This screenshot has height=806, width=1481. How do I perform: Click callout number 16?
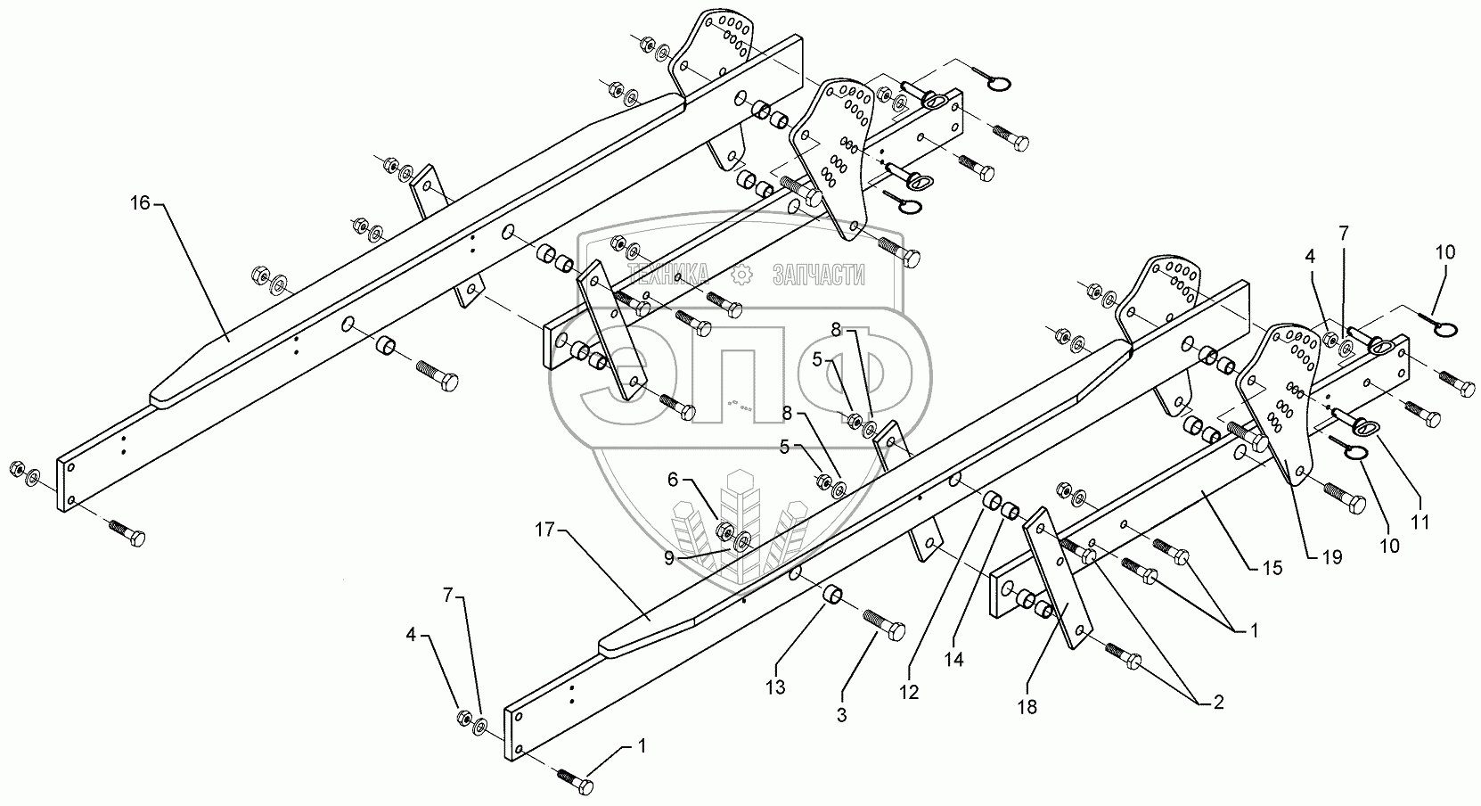[x=140, y=203]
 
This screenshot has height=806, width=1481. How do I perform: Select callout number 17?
[x=544, y=530]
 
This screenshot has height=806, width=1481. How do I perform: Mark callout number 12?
[x=909, y=691]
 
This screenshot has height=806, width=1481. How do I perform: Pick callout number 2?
[x=1212, y=703]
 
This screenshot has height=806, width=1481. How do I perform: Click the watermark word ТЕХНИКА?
[x=668, y=274]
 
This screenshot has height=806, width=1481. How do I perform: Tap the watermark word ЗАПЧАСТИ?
[x=818, y=274]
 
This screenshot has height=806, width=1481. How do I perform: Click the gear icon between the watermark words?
[x=739, y=274]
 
